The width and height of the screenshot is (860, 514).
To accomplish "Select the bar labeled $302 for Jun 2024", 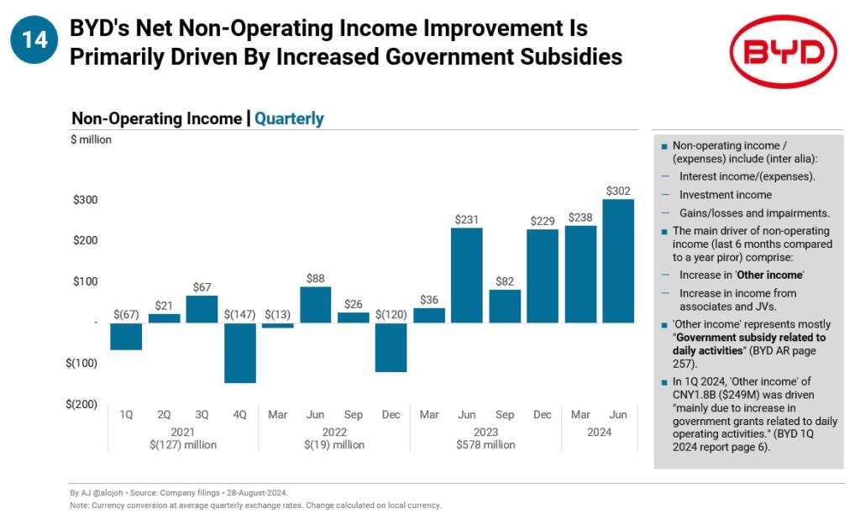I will [x=618, y=260].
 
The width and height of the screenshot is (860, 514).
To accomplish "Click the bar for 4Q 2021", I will [x=240, y=353].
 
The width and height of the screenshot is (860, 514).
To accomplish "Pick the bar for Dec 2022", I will [x=391, y=347].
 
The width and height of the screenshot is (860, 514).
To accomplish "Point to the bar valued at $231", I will [x=466, y=275].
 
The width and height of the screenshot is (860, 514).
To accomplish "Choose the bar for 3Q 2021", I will [x=202, y=308].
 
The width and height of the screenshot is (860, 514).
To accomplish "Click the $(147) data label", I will [x=240, y=314].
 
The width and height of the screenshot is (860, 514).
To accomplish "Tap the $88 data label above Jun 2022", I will [x=315, y=278].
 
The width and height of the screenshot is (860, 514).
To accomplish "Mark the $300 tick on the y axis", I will [x=84, y=200].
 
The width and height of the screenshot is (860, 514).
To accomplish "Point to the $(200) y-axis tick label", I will [x=81, y=404].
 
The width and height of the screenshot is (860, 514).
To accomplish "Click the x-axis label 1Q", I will [x=126, y=415].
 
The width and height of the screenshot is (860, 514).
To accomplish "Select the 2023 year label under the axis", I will [x=485, y=432].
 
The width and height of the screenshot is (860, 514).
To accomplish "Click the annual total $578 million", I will [x=485, y=444].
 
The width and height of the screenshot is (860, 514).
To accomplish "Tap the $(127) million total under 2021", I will [x=183, y=444].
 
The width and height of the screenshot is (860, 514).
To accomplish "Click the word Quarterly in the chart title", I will [x=289, y=118].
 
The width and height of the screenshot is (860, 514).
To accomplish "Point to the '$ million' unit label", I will [x=91, y=139].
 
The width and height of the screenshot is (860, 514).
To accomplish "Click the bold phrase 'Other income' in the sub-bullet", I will [x=774, y=275].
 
